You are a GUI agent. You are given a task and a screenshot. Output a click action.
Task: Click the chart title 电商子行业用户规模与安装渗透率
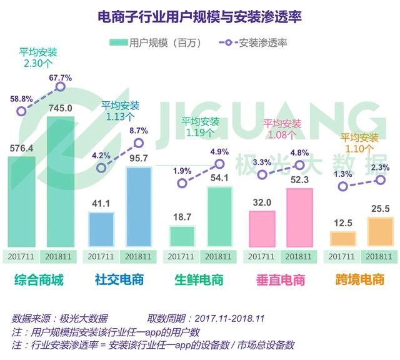coord(200,17)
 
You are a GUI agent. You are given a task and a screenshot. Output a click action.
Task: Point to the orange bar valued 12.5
coord(343,238)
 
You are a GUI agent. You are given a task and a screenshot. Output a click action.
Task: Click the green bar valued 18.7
coord(182,236)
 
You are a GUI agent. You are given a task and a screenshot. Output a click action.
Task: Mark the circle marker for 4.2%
coord(102,167)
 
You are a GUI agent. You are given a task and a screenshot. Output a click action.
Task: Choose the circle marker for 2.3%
coord(379,180)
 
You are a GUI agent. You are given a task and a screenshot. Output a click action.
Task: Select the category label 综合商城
coord(39,280)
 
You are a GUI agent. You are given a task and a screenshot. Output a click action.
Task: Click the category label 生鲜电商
coord(200,280)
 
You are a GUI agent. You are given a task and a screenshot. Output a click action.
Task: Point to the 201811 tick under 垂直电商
coord(299,256)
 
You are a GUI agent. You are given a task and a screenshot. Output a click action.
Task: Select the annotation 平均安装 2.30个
coord(39,57)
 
